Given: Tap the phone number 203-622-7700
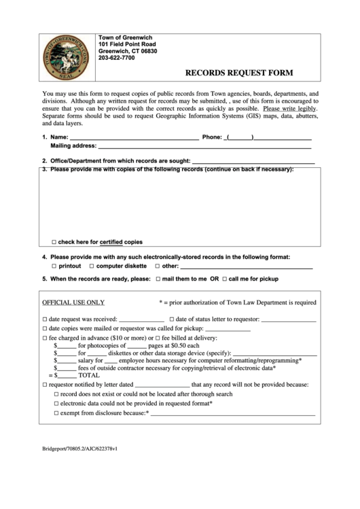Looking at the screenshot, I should point(117,58).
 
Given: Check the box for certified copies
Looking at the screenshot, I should point(54,242).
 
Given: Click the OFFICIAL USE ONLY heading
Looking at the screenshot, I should point(73,302).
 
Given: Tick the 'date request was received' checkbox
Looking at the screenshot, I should point(46,318).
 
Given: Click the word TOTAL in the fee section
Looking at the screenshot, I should point(89,374).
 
